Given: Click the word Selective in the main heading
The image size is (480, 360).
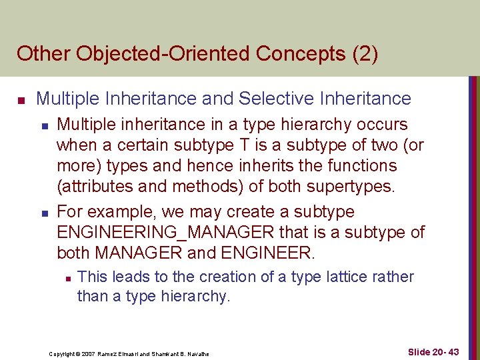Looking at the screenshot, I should click(277, 99).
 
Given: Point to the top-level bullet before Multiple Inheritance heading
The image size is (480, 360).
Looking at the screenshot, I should click(21, 100).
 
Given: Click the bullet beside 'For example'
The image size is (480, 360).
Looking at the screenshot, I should click(43, 213).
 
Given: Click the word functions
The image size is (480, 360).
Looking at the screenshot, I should click(364, 165).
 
